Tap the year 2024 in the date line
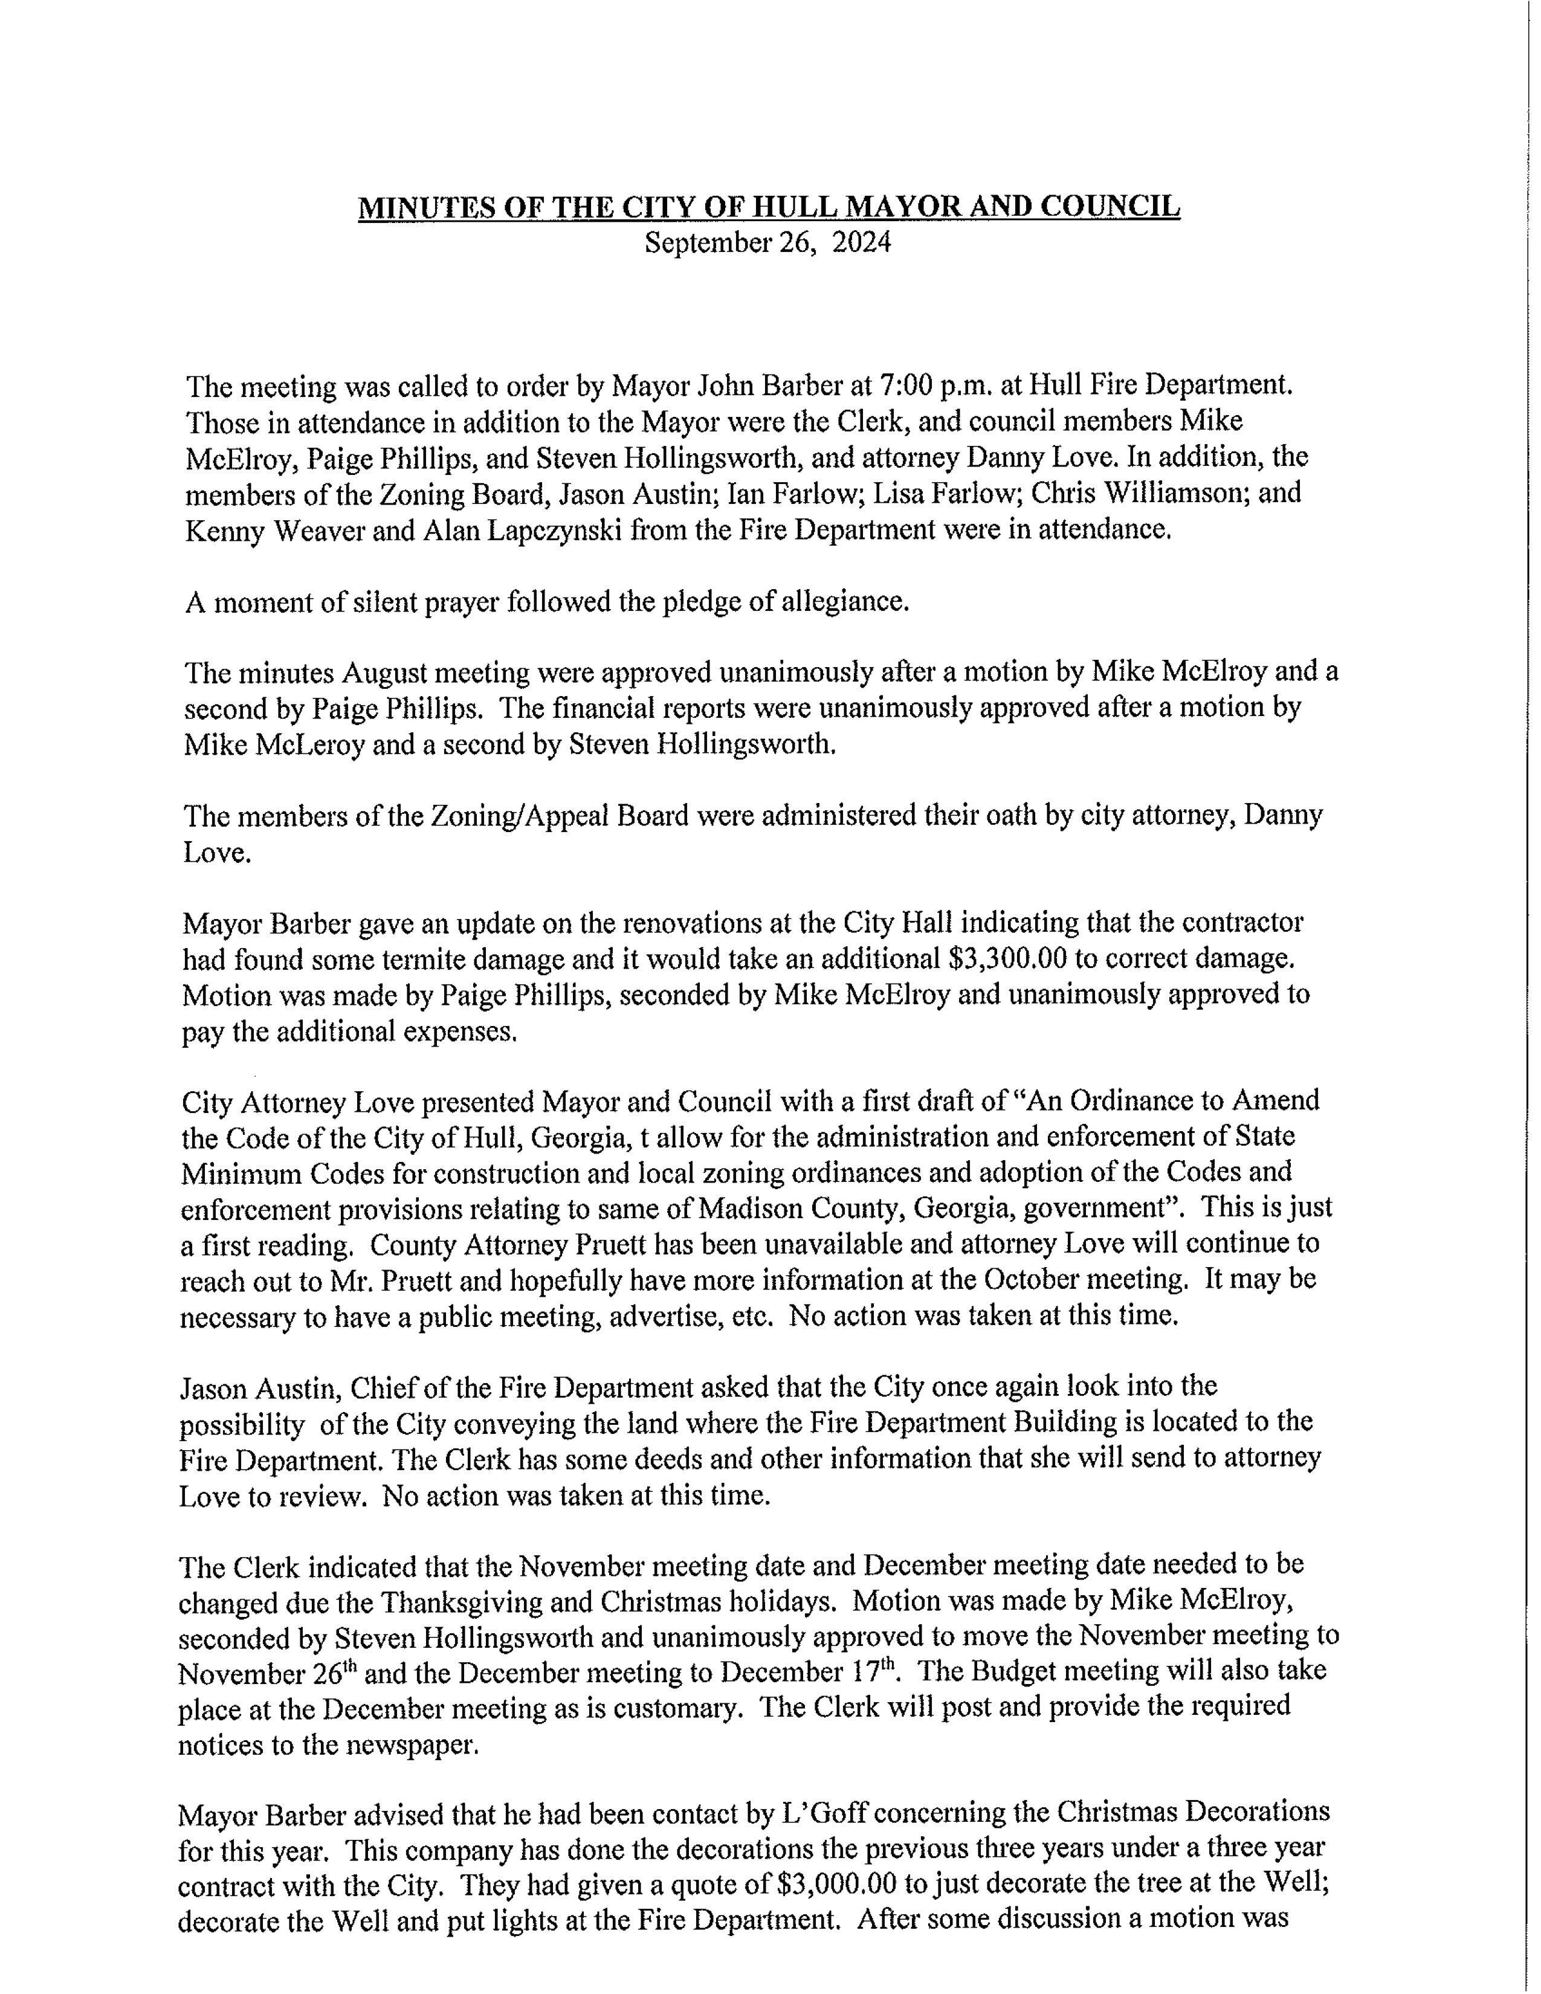861,243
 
